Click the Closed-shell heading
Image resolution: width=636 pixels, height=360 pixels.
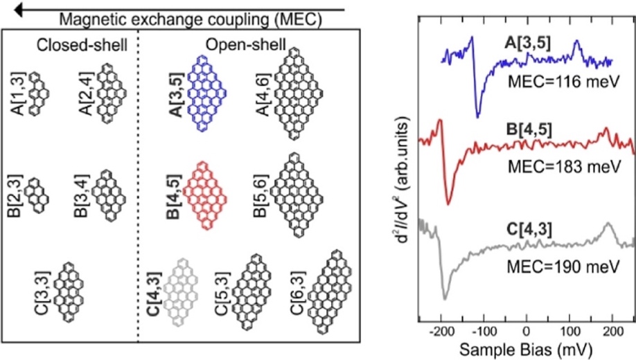(x=82, y=46)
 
